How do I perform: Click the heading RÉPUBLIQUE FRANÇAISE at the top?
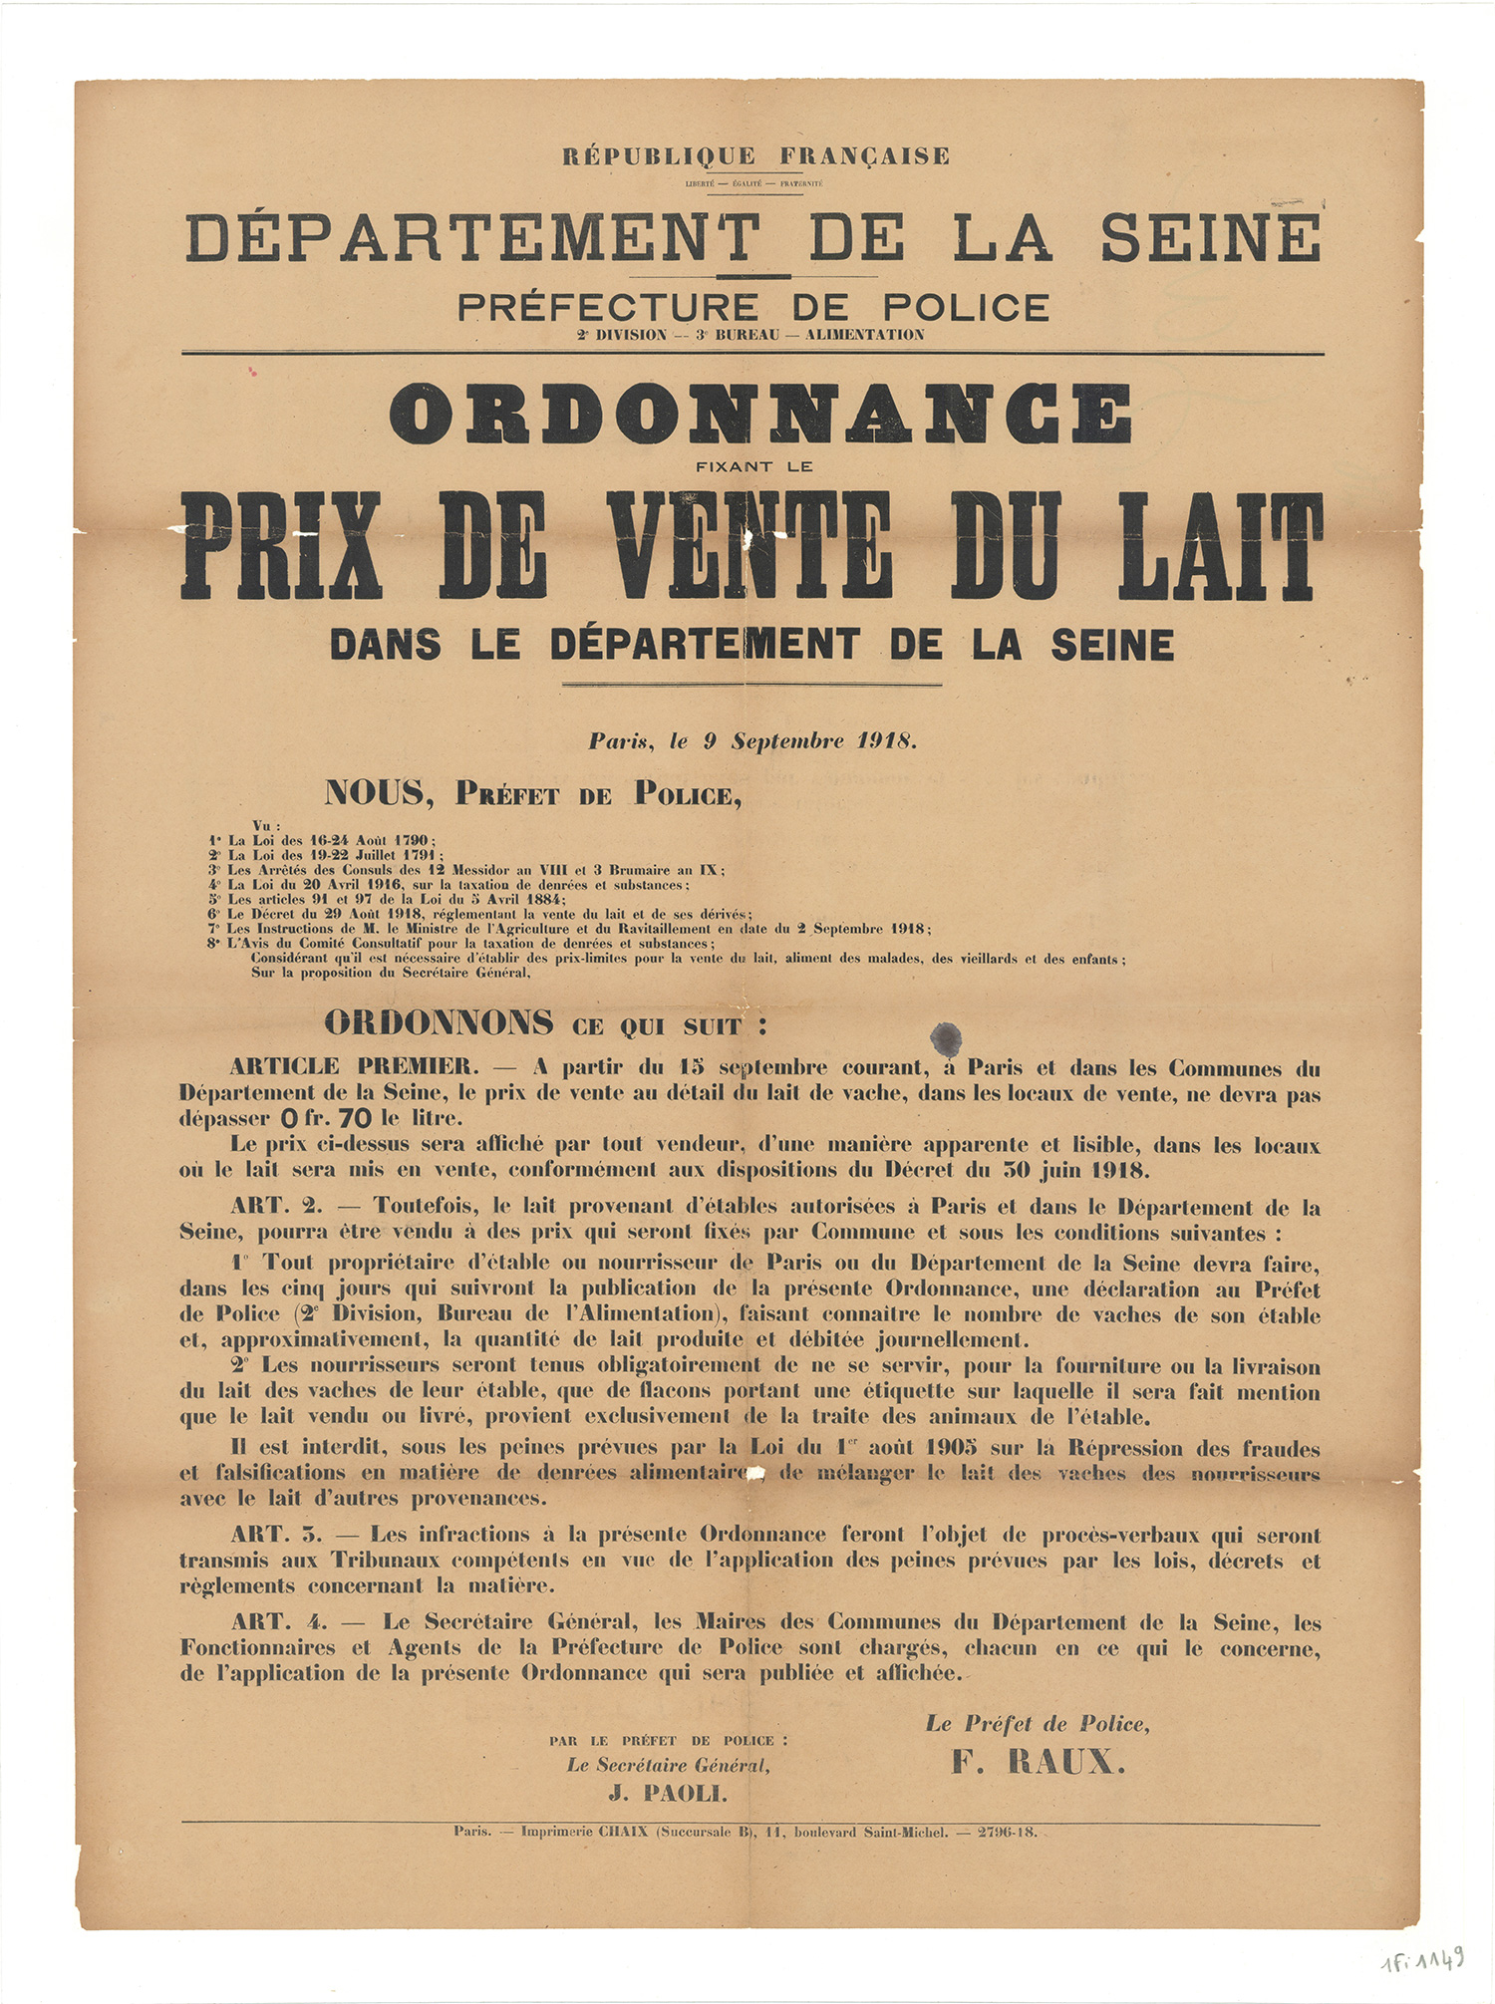pos(755,156)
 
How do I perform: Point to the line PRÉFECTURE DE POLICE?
pos(753,307)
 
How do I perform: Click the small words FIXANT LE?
pos(754,465)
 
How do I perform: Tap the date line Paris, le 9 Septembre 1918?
pos(751,741)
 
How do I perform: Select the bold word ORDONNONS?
pos(439,1022)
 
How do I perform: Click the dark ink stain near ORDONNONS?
pos(945,1036)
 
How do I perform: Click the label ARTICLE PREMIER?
pos(354,1067)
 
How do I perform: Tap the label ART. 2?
pos(276,1207)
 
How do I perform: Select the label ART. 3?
pos(276,1536)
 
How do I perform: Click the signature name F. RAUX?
pos(1039,1763)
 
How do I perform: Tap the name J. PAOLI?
pos(668,1795)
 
